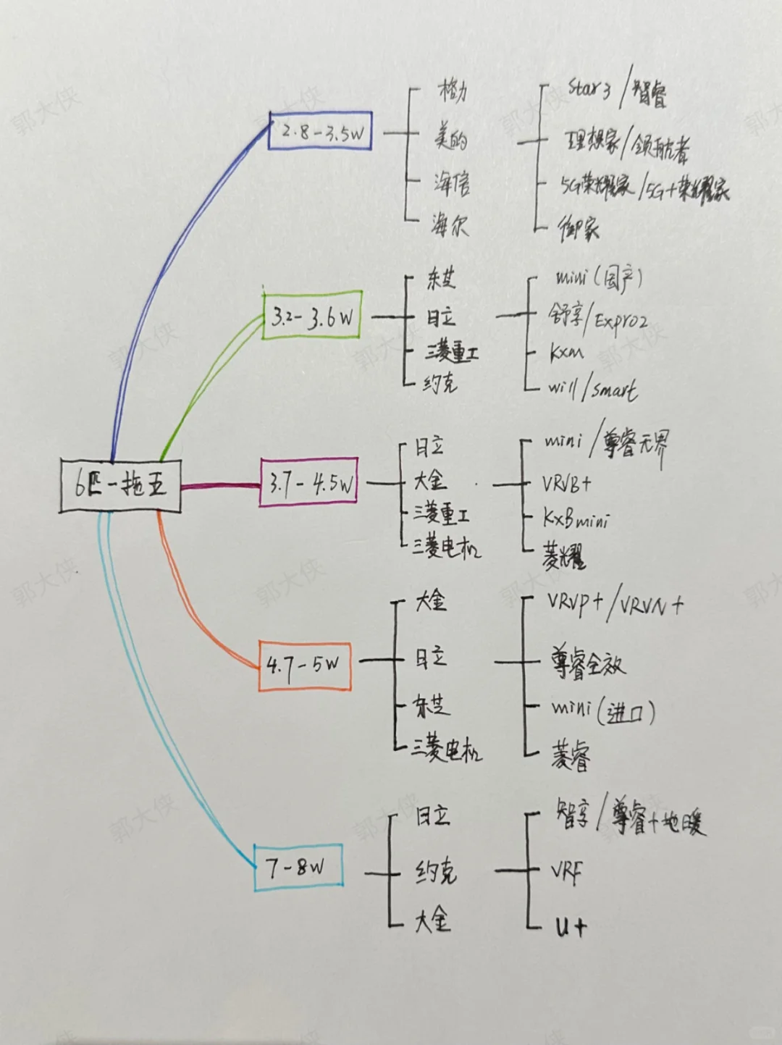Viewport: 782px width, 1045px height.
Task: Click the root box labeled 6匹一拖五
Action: coord(120,484)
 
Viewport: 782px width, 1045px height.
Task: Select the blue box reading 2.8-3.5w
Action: coord(320,131)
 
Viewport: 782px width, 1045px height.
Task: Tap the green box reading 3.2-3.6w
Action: coord(312,316)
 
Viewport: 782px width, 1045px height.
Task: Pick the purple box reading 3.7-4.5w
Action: coord(309,482)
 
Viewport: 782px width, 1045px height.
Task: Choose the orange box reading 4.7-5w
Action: coord(305,665)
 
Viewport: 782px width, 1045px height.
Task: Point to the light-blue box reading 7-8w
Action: coord(298,867)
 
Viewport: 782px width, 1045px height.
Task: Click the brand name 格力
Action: coord(453,91)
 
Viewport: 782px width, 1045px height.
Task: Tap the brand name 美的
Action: coord(450,136)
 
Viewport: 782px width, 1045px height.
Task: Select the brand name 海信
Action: coord(452,183)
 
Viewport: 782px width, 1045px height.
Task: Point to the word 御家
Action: coord(578,229)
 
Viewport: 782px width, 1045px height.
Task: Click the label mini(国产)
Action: coord(598,279)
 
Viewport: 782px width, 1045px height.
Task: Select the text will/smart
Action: coord(592,389)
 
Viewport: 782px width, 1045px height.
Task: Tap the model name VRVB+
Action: coord(567,483)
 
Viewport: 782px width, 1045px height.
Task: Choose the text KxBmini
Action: coord(576,519)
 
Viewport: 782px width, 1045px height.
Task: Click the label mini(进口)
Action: coord(603,710)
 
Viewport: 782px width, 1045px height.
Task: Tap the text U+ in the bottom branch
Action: coord(571,926)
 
